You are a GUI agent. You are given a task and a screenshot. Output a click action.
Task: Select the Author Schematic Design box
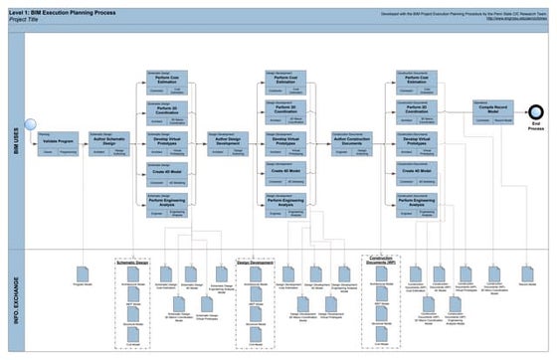point(108,143)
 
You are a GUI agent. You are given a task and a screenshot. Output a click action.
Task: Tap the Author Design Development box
point(228,143)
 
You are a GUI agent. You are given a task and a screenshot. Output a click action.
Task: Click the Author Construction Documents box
point(352,143)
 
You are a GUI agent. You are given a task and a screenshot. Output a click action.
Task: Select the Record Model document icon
point(522,271)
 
